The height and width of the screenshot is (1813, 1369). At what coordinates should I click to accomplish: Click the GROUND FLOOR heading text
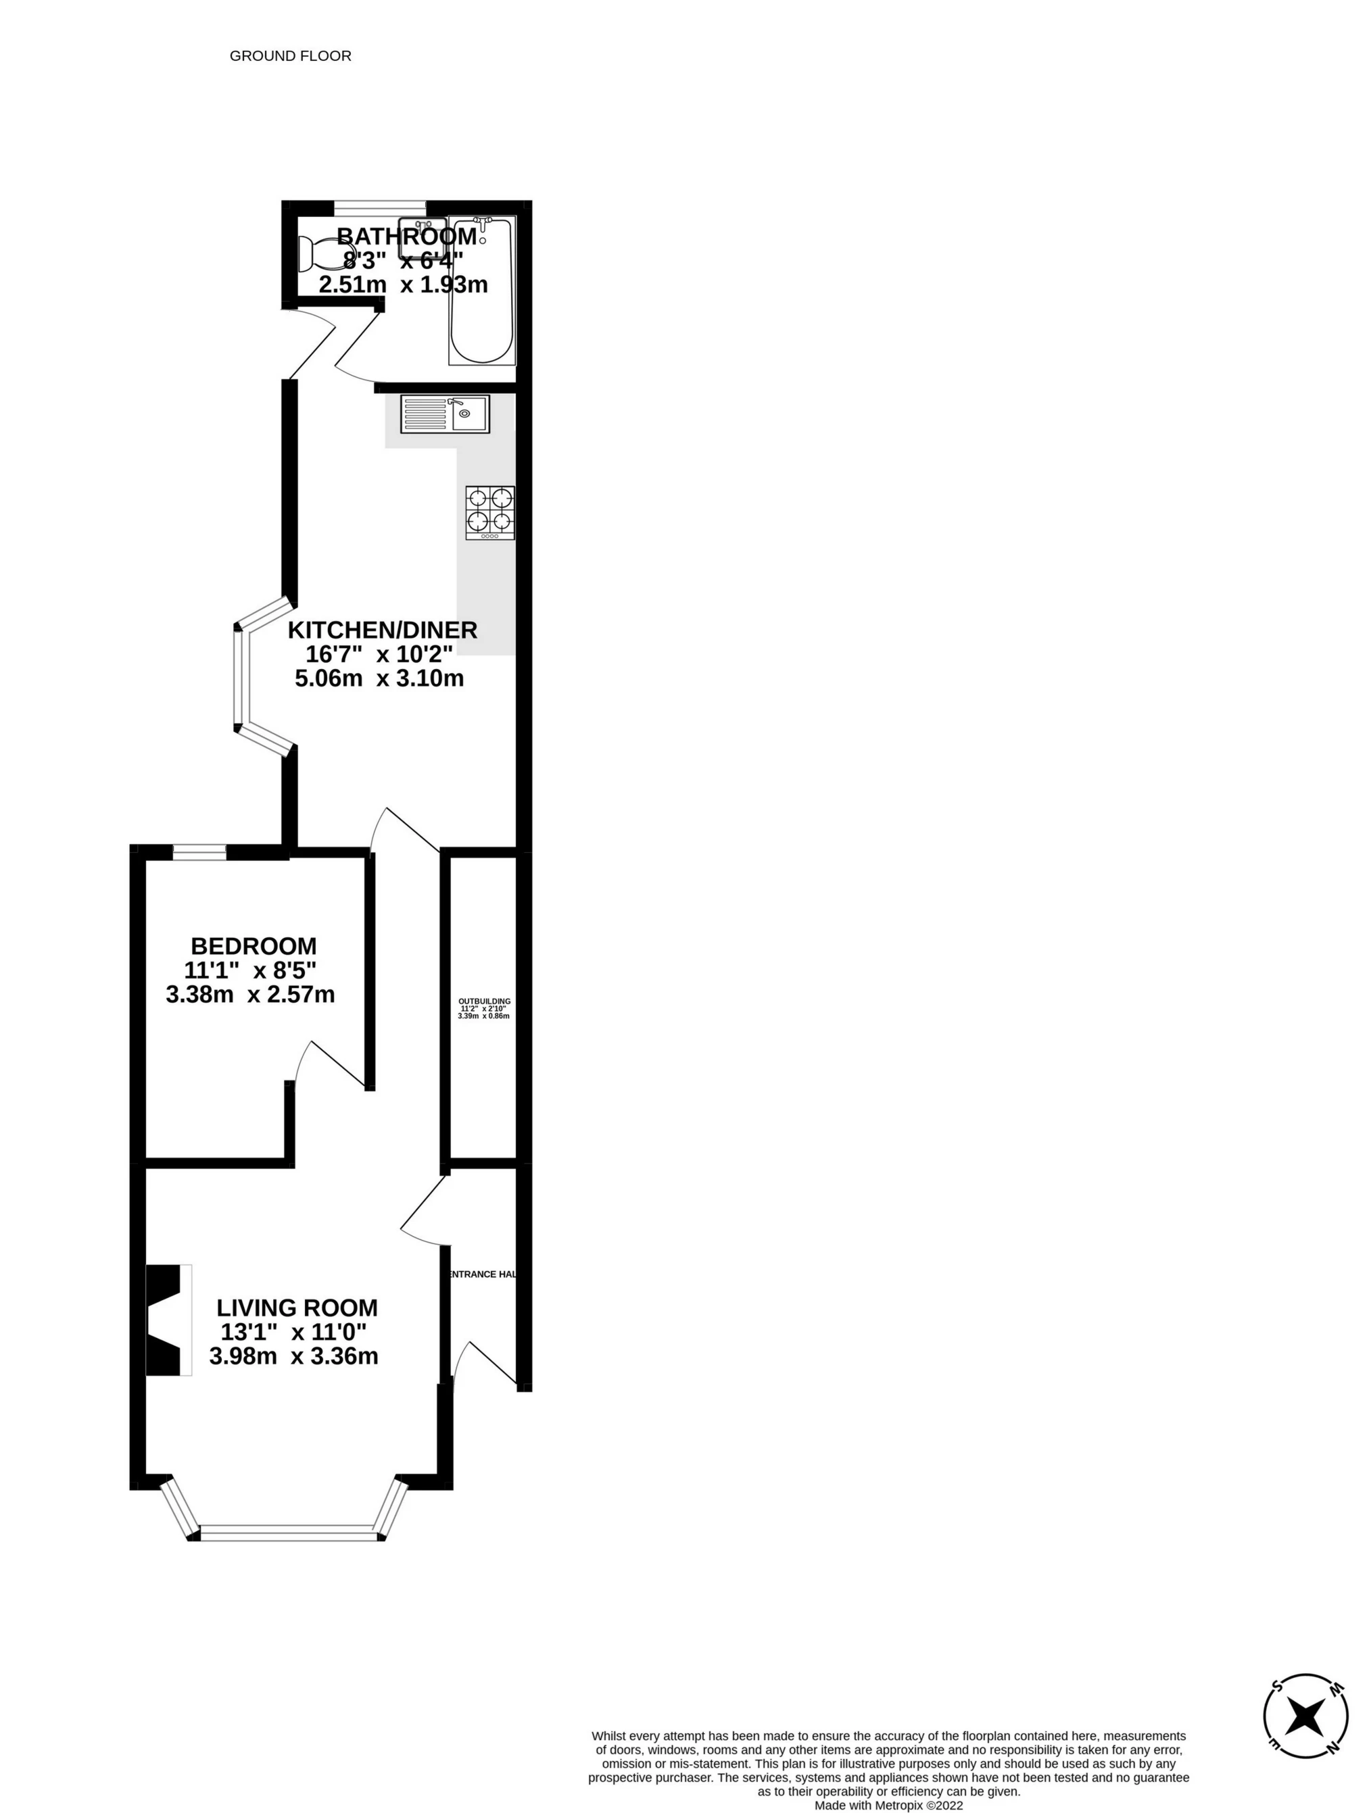290,55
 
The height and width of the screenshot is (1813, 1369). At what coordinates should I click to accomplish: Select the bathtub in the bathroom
482,291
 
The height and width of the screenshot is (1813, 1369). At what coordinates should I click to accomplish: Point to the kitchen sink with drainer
444,414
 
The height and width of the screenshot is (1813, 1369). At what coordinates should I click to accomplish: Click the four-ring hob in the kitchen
490,512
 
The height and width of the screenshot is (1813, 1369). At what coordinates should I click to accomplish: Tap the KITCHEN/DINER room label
382,630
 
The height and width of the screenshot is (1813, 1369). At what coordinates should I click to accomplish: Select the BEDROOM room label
254,945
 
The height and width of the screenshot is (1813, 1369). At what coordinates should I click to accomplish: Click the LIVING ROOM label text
297,1308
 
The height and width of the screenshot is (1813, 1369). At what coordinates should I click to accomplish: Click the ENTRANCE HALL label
482,1274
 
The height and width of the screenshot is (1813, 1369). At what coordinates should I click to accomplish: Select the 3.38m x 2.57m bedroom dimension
250,994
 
